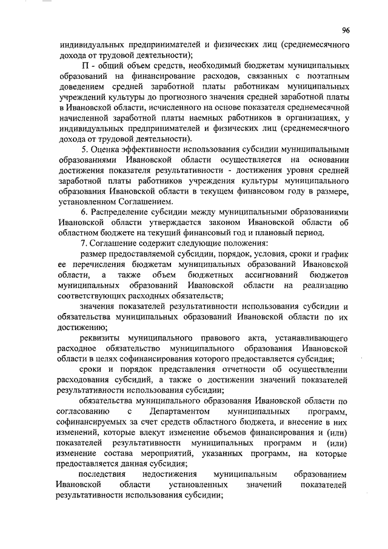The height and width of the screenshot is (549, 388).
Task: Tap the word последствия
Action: (104, 474)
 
